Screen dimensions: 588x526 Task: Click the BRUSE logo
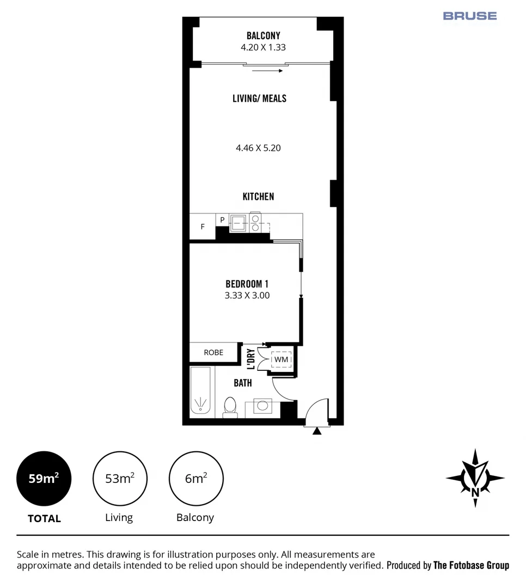point(469,16)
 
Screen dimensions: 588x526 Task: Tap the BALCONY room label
point(263,36)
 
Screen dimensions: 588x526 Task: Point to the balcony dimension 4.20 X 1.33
point(263,47)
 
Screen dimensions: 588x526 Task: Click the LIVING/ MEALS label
point(259,99)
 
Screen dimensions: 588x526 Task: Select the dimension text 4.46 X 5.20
point(258,148)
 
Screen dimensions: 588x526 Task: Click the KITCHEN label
point(258,197)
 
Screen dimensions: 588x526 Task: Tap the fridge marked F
point(203,226)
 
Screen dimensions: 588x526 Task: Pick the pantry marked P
point(222,220)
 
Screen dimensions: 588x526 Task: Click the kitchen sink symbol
point(238,222)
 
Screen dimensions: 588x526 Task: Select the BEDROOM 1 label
point(247,284)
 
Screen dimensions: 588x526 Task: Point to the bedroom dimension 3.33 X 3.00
point(247,296)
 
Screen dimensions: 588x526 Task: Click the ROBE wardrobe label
point(213,352)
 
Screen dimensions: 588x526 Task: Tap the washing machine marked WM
point(281,360)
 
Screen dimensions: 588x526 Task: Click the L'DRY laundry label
point(251,360)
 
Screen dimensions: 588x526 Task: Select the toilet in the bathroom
point(230,406)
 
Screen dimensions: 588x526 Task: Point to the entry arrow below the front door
point(317,431)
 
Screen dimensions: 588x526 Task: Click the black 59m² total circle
point(44,479)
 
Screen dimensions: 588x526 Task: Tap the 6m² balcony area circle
point(196,479)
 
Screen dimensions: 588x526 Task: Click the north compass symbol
point(475,478)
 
